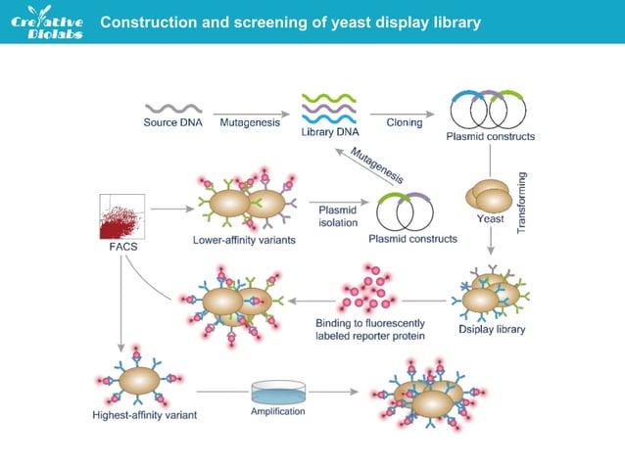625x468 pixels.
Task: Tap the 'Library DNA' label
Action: (326, 132)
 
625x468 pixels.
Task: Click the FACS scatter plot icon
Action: (121, 217)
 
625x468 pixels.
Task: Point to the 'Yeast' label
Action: (490, 219)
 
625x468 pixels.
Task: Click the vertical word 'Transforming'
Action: (522, 201)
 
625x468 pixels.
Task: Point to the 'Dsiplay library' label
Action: (492, 329)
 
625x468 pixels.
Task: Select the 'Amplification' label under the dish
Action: (278, 411)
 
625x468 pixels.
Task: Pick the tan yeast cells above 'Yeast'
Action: (487, 194)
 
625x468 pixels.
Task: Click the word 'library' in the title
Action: (455, 23)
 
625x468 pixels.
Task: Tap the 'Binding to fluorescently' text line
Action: (369, 323)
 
